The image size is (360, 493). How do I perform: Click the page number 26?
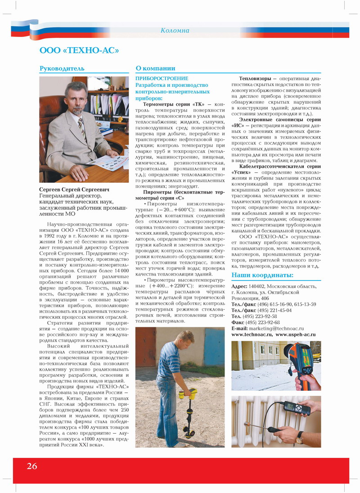click(x=31, y=466)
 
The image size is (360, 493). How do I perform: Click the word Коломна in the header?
click(x=175, y=31)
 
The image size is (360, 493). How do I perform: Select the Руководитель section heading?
click(x=62, y=68)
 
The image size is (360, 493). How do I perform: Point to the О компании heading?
click(x=155, y=68)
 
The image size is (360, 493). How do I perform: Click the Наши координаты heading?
click(x=262, y=275)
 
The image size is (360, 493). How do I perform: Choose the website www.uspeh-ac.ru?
click(x=295, y=335)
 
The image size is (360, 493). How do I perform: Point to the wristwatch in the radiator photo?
click(x=300, y=437)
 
